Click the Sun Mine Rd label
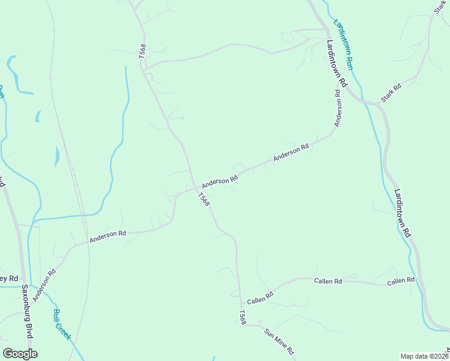(278, 342)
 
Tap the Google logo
(20, 354)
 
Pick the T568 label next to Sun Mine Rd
(242, 318)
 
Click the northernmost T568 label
(143, 51)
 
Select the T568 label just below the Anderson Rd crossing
(204, 199)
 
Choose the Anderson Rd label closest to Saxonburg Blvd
(45, 285)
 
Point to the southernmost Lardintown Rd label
(402, 213)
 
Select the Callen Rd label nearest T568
(260, 297)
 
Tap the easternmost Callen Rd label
(401, 281)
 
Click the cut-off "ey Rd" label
(10, 278)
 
